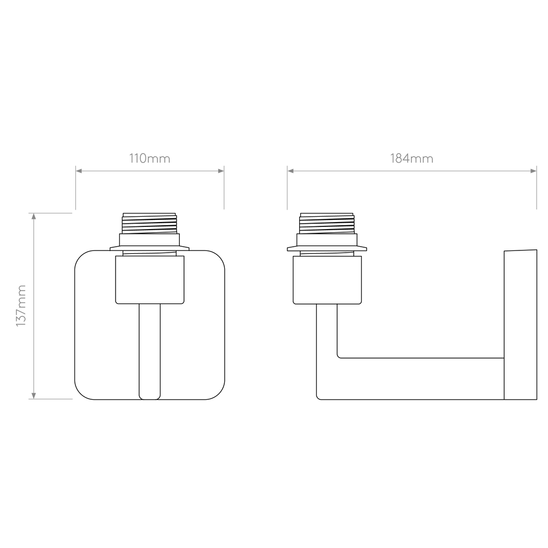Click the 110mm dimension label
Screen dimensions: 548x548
[150, 158]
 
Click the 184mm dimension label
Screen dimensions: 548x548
[412, 158]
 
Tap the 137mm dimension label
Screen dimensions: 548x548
[21, 306]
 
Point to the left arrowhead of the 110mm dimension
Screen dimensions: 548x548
[79, 171]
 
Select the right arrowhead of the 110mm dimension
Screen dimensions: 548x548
[221, 171]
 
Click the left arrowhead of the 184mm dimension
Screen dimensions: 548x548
[291, 171]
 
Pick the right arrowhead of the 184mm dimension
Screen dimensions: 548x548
[534, 171]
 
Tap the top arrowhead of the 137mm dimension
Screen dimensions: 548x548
[34, 216]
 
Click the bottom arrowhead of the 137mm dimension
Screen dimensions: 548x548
[34, 395]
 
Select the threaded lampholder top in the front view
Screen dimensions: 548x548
[149, 223]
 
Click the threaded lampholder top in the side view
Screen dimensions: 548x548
[327, 223]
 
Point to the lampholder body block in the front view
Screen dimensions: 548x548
[150, 279]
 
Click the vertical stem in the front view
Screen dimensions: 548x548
[150, 351]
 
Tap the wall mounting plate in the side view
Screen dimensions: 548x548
[520, 325]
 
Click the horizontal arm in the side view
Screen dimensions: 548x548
[420, 379]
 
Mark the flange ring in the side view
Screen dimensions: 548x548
[327, 248]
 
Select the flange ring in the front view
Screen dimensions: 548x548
[150, 248]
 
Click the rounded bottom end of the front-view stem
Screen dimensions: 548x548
[150, 397]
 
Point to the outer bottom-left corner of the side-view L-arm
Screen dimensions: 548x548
[317, 399]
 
